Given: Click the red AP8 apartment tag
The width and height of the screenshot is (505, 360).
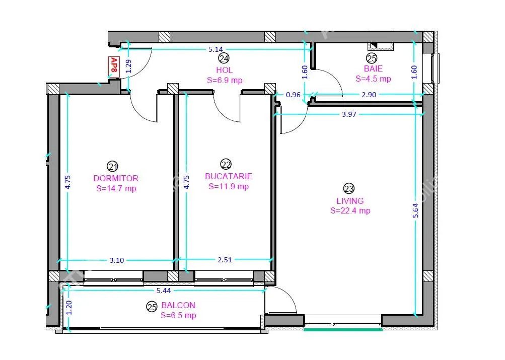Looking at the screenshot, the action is coord(114,66).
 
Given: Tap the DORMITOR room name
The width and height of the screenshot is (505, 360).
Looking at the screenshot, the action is coord(116,178).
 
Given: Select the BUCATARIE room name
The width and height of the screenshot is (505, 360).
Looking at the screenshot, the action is coord(229,176).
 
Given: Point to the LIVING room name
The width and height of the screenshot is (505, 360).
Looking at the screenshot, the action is coord(350,201).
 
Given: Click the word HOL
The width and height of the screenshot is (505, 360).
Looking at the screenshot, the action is coord(225,70).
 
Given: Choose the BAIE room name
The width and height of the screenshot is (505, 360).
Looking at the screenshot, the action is coord(373,68).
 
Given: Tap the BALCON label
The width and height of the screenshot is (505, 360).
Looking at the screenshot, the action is coord(178,305).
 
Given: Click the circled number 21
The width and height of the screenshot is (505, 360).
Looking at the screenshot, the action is coord(112,167).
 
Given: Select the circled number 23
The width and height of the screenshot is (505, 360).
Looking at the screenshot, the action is coord(349,189).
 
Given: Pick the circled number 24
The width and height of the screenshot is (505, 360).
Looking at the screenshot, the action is coord(224,58).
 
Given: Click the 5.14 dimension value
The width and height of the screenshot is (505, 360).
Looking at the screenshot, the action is coord(215,49).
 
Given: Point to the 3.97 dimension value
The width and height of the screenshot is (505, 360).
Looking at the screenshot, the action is coord(349,114).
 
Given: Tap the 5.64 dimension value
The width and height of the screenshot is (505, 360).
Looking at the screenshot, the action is coord(415,210).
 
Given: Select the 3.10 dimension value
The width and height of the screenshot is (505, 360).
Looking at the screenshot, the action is coord(117,260).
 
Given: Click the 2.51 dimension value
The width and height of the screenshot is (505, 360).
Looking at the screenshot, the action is coord(225,260).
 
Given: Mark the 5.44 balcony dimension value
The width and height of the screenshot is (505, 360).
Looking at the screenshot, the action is coord(164,291).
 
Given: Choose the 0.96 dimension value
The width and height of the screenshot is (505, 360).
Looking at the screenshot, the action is coord(293,95).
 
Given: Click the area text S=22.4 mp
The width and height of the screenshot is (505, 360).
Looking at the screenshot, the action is coord(350,211).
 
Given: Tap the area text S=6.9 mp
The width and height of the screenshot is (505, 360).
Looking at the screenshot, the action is coord(225,80).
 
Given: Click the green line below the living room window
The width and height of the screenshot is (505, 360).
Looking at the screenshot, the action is coord(343,329).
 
